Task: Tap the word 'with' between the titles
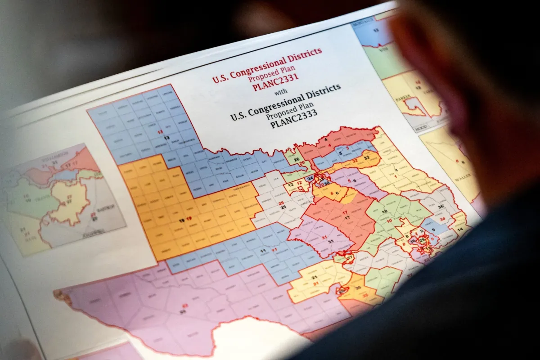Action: coord(280,93)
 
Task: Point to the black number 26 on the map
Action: coord(296,159)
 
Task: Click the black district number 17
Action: coord(347,217)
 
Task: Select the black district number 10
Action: coord(384,211)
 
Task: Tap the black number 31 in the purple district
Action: coord(331,242)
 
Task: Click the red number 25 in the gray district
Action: coord(282,203)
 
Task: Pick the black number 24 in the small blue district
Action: coord(310,178)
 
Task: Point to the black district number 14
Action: coord(459,229)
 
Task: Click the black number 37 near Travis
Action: coord(350,257)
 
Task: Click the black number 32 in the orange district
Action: coord(366,158)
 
